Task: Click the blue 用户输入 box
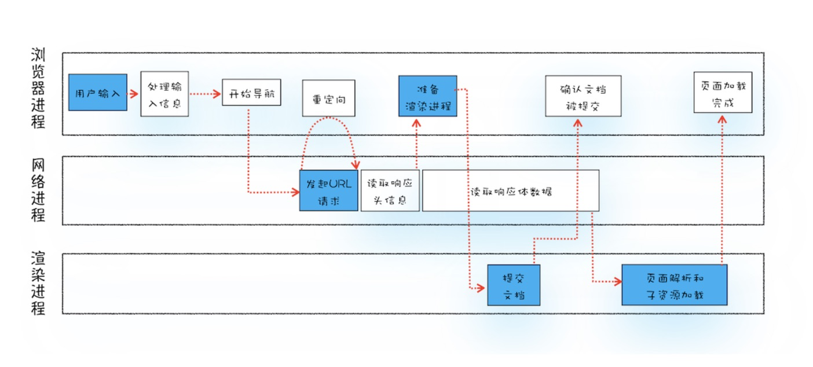tap(98, 93)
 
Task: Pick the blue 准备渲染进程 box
tap(427, 96)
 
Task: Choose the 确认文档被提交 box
tap(583, 96)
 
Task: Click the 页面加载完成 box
tap(723, 96)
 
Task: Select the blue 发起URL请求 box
tap(329, 190)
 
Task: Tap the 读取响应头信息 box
tap(390, 190)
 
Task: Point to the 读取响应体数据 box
tap(510, 190)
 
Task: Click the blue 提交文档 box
tap(514, 285)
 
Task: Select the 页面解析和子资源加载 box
tap(674, 285)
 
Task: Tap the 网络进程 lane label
tap(38, 190)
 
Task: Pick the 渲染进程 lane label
tap(38, 283)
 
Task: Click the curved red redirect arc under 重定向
tap(329, 119)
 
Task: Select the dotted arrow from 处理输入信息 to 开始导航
tap(206, 93)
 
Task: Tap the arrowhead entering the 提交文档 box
tap(482, 288)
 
